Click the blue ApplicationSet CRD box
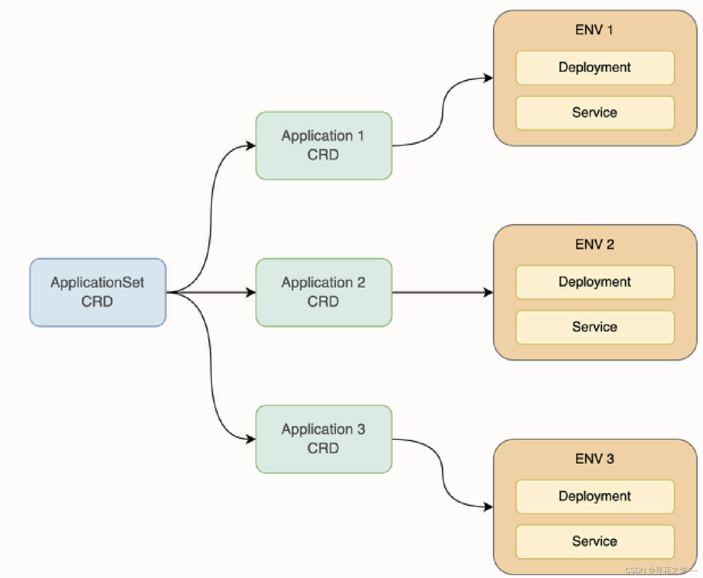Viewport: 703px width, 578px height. [97, 292]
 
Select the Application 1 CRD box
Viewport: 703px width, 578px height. [323, 145]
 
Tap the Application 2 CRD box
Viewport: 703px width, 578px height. [323, 292]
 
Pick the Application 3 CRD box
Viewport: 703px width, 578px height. [323, 439]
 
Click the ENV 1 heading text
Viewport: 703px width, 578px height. [594, 30]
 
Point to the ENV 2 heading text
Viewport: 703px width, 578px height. [594, 244]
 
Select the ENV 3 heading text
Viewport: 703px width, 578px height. [594, 459]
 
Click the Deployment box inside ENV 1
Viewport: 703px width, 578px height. [595, 67]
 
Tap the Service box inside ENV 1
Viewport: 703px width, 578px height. [595, 113]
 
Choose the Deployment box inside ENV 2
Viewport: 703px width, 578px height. [595, 282]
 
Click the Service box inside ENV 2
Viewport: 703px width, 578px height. [595, 327]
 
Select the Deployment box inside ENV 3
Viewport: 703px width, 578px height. [595, 496]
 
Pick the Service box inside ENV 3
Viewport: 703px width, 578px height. [595, 541]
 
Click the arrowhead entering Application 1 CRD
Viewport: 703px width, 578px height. [250, 146]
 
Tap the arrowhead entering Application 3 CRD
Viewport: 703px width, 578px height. [250, 439]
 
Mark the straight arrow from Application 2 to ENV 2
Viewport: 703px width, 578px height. [440, 292]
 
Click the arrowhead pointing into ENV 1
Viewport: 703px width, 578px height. [488, 78]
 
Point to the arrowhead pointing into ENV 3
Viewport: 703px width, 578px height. [488, 507]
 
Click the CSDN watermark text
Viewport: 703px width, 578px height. [660, 570]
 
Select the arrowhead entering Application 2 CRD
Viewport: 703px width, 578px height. [250, 292]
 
